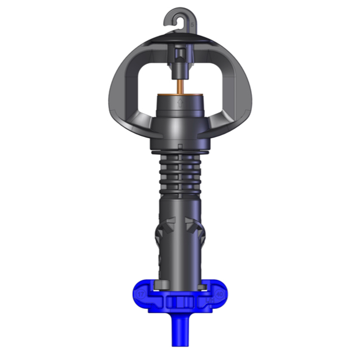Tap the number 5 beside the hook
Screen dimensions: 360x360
(x=192, y=24)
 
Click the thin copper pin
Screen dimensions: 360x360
(x=180, y=83)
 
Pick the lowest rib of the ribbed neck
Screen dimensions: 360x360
(x=180, y=189)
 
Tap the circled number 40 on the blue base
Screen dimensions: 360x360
(x=219, y=294)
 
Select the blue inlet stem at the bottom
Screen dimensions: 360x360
(x=180, y=331)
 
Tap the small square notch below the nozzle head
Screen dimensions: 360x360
(x=180, y=145)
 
